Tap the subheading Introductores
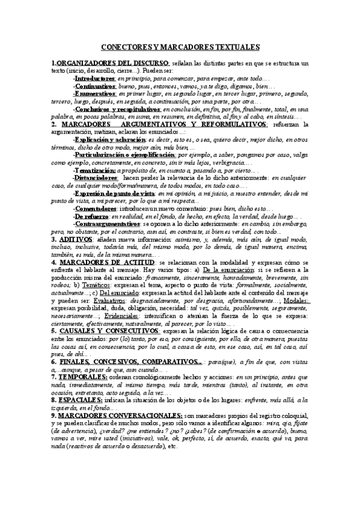(94, 78)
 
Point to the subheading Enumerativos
(95, 94)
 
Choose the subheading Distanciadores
(95, 178)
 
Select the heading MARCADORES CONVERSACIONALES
(121, 415)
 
